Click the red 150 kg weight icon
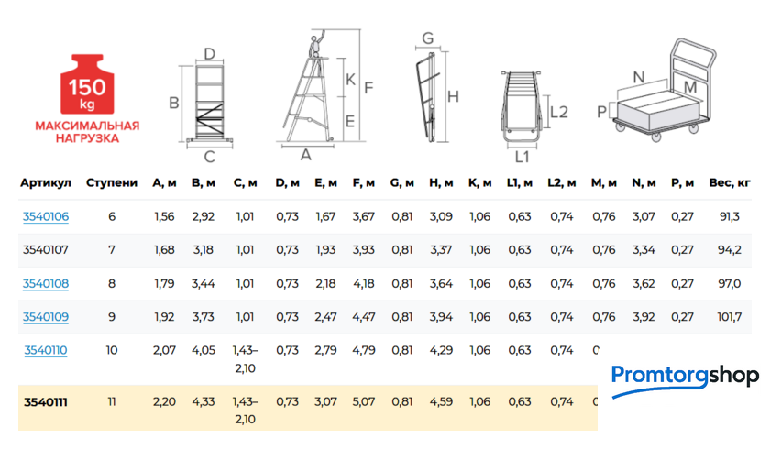(x=87, y=84)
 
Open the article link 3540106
(x=46, y=216)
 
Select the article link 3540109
(x=46, y=317)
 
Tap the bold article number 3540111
(x=46, y=402)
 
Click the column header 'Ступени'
(x=112, y=183)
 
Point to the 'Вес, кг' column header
(x=730, y=183)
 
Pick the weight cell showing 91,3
(x=730, y=216)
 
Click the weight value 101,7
(x=730, y=317)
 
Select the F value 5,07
(x=364, y=402)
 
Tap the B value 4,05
(x=203, y=350)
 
